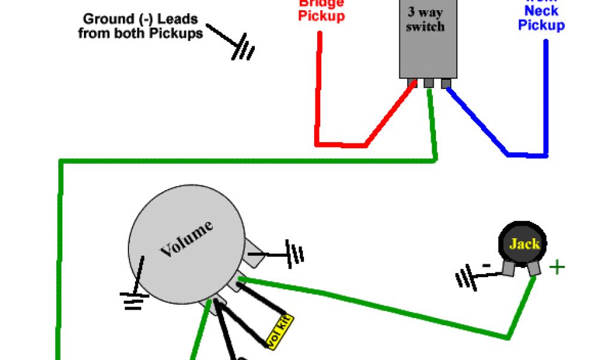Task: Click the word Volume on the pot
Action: (186, 239)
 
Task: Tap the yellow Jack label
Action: (524, 244)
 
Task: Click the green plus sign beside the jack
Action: (557, 266)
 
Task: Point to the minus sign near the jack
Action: (487, 265)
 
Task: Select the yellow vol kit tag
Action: (279, 331)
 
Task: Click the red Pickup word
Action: (322, 16)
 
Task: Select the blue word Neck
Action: (541, 10)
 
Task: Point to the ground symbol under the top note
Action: (243, 49)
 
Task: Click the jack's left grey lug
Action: (508, 269)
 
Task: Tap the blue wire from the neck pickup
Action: (546, 96)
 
